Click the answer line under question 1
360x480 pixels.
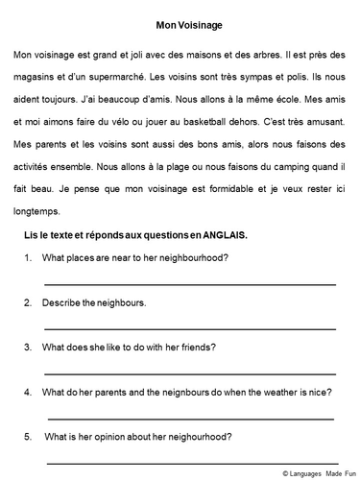190,284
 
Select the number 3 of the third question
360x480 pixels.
30,347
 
